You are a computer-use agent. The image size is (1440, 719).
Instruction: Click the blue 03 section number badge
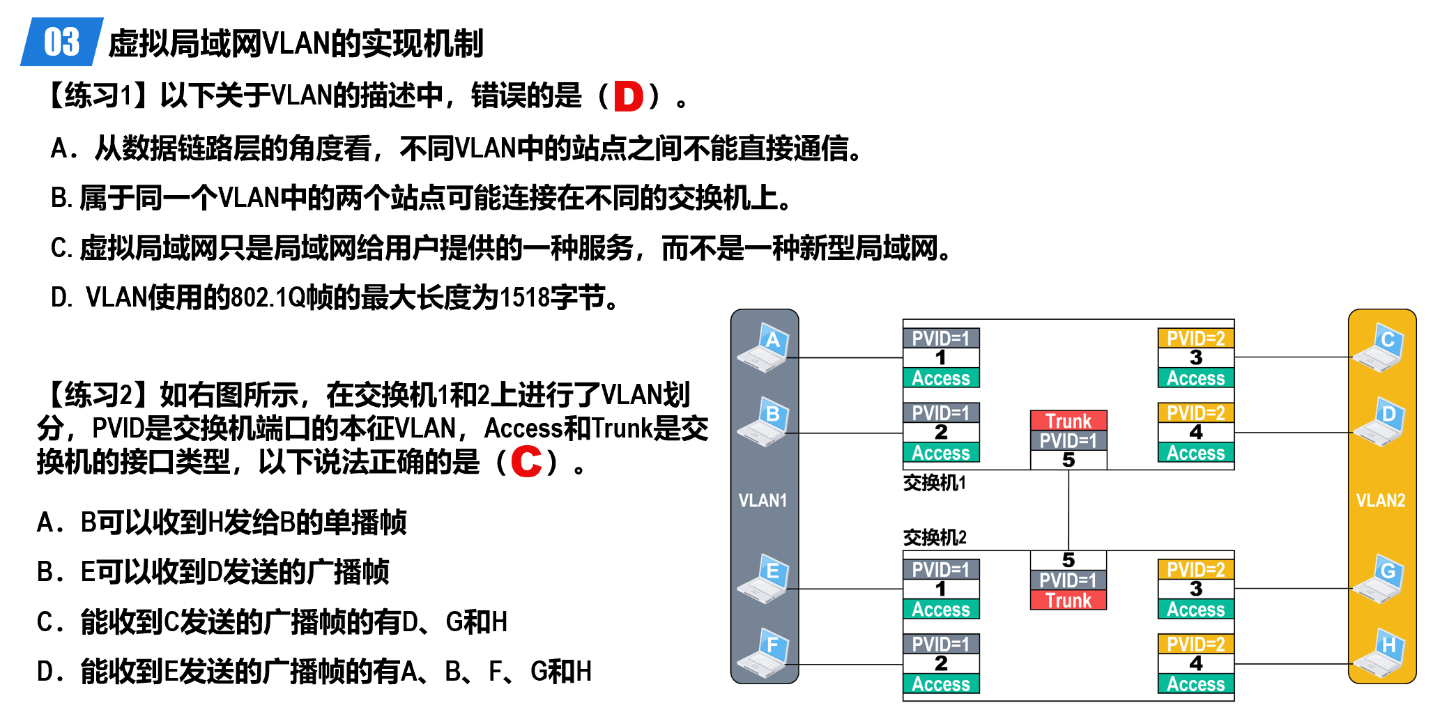pyautogui.click(x=61, y=42)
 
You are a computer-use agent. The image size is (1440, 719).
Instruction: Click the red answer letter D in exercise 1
pyautogui.click(x=628, y=96)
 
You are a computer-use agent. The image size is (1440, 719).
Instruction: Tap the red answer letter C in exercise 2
pyautogui.click(x=526, y=461)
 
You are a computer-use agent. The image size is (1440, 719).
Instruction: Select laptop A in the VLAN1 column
pyautogui.click(x=763, y=348)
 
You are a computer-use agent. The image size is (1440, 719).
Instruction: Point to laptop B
pyautogui.click(x=763, y=422)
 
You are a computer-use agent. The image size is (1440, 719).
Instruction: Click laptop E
pyautogui.click(x=763, y=579)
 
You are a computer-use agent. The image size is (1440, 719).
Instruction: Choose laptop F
pyautogui.click(x=763, y=653)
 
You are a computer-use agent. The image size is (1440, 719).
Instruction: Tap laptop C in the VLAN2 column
pyautogui.click(x=1379, y=348)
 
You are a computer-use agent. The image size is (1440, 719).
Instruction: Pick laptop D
pyautogui.click(x=1379, y=422)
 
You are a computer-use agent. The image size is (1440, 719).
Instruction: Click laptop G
pyautogui.click(x=1379, y=579)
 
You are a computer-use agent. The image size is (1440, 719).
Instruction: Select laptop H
pyautogui.click(x=1379, y=653)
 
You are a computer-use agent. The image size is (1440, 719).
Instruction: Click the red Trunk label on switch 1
pyautogui.click(x=1068, y=421)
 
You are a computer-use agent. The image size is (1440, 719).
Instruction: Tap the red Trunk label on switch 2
pyautogui.click(x=1068, y=600)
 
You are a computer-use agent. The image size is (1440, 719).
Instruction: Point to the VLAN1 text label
pyautogui.click(x=763, y=500)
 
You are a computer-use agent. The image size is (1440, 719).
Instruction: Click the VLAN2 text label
pyautogui.click(x=1380, y=500)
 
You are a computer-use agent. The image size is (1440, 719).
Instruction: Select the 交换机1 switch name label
pyautogui.click(x=934, y=483)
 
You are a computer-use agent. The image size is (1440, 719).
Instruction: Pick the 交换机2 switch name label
pyautogui.click(x=934, y=537)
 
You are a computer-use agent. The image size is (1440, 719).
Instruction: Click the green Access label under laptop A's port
pyautogui.click(x=941, y=378)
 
